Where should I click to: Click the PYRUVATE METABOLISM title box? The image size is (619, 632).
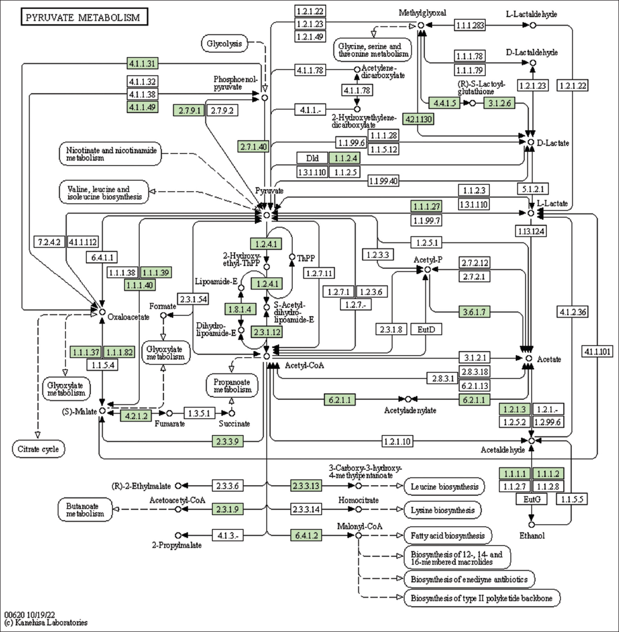click(x=84, y=17)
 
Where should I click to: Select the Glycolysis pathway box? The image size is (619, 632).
click(x=224, y=44)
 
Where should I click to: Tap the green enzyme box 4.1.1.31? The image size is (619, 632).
click(x=142, y=64)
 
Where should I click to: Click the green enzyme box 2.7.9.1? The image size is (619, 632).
click(x=189, y=110)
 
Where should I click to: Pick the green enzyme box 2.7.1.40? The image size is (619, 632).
click(x=254, y=146)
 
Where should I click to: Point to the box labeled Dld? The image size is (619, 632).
click(x=313, y=158)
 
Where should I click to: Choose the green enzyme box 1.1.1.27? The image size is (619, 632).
click(x=426, y=206)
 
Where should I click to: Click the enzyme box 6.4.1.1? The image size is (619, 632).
click(x=102, y=257)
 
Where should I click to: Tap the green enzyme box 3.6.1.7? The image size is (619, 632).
click(x=474, y=311)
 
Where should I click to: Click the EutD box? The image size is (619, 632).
click(x=426, y=329)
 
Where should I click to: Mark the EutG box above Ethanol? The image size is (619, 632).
click(x=532, y=499)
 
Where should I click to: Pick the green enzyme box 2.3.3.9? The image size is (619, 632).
click(x=227, y=441)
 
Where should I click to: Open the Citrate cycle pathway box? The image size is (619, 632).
click(x=38, y=449)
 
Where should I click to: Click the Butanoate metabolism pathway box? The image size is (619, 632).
click(x=84, y=510)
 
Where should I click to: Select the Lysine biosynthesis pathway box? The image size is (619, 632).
click(x=442, y=510)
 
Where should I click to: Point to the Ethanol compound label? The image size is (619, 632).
click(x=532, y=535)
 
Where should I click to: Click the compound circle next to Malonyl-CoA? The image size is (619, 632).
click(x=358, y=535)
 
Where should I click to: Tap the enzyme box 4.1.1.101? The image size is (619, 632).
click(x=598, y=351)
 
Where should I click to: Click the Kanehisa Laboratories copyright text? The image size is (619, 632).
click(x=46, y=622)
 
